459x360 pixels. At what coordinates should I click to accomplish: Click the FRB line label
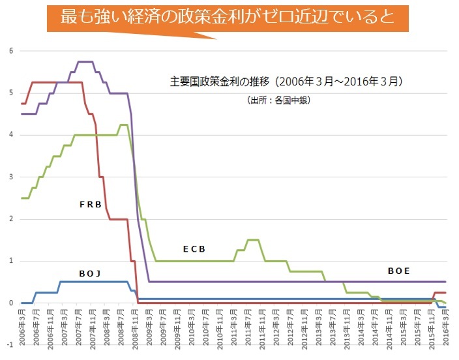91,204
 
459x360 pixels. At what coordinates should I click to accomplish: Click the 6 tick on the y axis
11,51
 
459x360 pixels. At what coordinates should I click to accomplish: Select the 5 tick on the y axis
11,93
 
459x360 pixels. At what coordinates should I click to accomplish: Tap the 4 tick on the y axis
11,135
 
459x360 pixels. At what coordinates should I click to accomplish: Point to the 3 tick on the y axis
11,177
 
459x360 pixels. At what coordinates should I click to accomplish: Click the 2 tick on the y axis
11,219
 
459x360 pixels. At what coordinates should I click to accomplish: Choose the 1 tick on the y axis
11,261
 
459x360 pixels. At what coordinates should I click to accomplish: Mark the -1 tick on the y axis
10,345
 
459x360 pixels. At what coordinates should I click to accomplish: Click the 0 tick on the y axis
11,303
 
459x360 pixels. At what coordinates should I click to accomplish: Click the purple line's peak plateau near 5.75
86,62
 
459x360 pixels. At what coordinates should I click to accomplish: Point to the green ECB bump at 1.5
253,240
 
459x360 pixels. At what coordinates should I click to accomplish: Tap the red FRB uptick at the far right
441,293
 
